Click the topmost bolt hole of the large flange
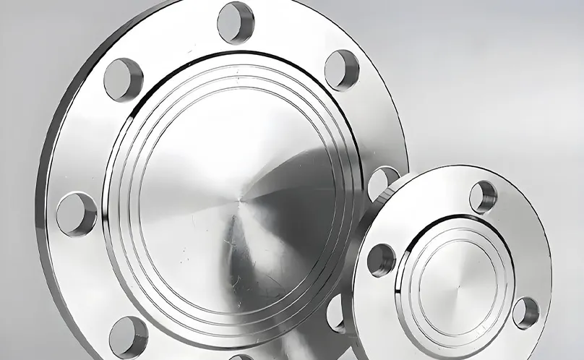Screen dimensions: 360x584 click(x=236, y=22)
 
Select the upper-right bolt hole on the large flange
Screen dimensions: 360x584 click(x=341, y=70)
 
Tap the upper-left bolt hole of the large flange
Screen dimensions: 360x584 click(x=123, y=79)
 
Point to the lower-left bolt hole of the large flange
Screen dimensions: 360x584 click(x=129, y=337)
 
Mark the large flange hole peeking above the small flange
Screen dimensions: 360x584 click(x=381, y=181)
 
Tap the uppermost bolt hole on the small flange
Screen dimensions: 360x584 click(x=483, y=197)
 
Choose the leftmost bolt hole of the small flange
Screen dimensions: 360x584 click(x=381, y=260)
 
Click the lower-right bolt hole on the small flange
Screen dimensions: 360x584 click(x=525, y=313)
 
